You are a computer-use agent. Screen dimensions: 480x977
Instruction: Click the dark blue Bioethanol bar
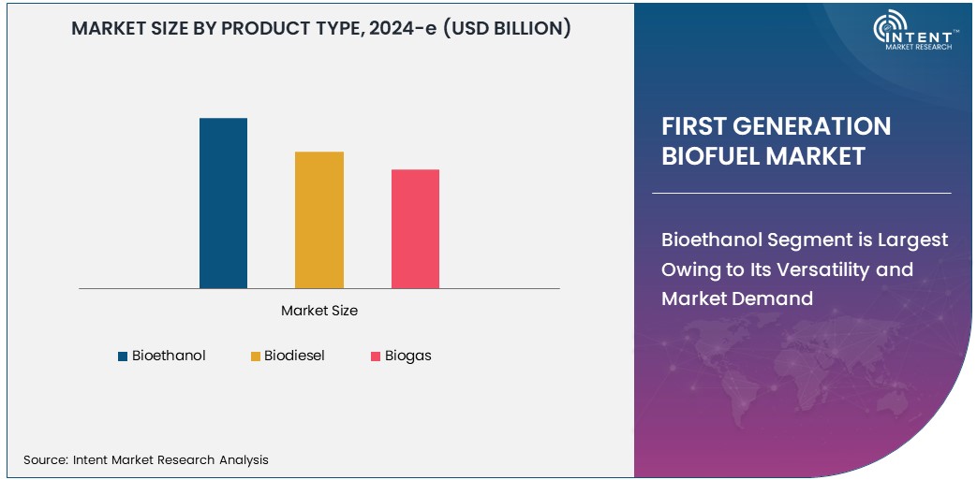coord(223,203)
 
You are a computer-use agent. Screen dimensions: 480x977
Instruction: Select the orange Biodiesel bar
coord(319,220)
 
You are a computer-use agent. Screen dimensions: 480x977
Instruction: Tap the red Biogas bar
coord(415,228)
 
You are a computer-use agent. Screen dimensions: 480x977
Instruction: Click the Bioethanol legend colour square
coord(122,356)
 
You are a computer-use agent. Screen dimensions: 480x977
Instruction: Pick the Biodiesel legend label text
coord(294,356)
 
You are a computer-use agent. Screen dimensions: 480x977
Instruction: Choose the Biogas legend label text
coord(407,356)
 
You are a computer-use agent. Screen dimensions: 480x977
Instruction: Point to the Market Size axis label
coord(319,311)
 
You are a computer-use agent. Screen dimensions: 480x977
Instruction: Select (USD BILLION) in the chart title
coord(507,28)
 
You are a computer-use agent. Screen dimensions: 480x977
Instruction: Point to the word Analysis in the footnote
coord(243,459)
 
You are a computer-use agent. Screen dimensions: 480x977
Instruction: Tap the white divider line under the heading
coord(801,193)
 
